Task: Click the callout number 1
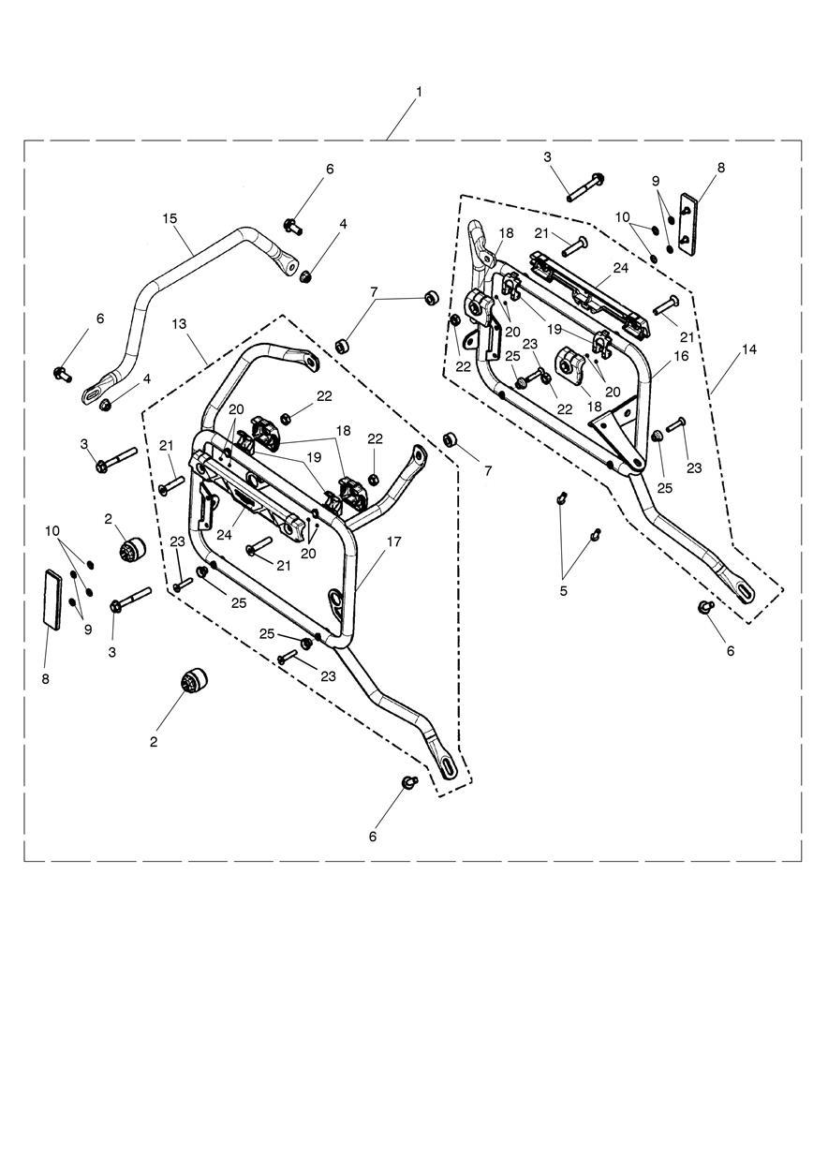419,92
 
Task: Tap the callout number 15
170,218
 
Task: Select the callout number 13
180,323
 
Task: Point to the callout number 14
748,348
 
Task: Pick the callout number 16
680,356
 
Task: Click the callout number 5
562,590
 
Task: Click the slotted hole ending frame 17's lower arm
448,767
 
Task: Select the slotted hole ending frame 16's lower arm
744,591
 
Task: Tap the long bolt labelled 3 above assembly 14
584,187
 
